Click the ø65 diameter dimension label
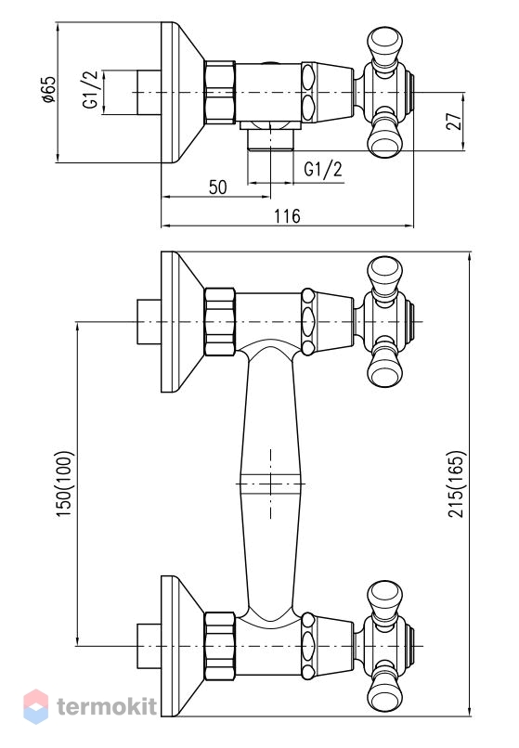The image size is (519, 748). click(49, 89)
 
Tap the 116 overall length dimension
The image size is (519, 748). click(287, 216)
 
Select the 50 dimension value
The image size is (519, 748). click(218, 187)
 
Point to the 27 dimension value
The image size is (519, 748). click(455, 122)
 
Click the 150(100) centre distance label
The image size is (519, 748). click(64, 484)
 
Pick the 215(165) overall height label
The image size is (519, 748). click(456, 484)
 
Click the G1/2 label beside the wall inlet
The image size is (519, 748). click(90, 89)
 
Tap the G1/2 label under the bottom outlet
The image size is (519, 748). click(323, 169)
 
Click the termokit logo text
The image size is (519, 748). click(107, 706)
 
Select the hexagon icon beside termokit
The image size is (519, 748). click(36, 706)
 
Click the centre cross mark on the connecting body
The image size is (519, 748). click(271, 484)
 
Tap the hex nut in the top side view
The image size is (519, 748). click(220, 93)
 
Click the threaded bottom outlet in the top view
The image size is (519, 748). click(270, 140)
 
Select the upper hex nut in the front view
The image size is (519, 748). click(220, 322)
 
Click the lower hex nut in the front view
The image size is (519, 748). click(220, 646)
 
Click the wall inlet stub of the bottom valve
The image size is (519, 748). click(149, 646)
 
